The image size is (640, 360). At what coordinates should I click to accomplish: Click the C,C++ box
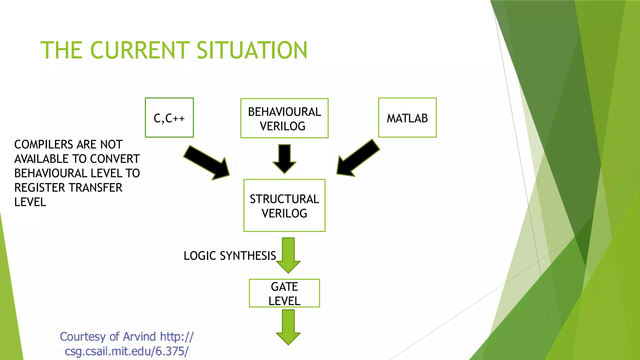point(169,118)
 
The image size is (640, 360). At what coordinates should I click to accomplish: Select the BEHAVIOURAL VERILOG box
point(284,118)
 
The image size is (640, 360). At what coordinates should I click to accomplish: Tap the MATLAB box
point(407,118)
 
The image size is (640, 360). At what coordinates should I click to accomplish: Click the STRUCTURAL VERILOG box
point(284,206)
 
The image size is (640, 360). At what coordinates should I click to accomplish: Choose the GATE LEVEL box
point(284,293)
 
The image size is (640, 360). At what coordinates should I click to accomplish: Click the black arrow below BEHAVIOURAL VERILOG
point(284,158)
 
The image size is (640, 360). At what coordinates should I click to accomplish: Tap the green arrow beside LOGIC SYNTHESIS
point(288,255)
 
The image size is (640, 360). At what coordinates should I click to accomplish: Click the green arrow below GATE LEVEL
point(288,327)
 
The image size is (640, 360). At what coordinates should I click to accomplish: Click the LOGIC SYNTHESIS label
point(230,256)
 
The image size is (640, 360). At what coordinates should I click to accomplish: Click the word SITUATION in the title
point(252,50)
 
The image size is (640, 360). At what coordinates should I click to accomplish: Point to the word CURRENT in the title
point(140,50)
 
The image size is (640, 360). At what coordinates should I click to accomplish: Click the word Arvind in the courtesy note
point(139,337)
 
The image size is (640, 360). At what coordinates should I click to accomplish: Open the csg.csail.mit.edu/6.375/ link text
point(127,351)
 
